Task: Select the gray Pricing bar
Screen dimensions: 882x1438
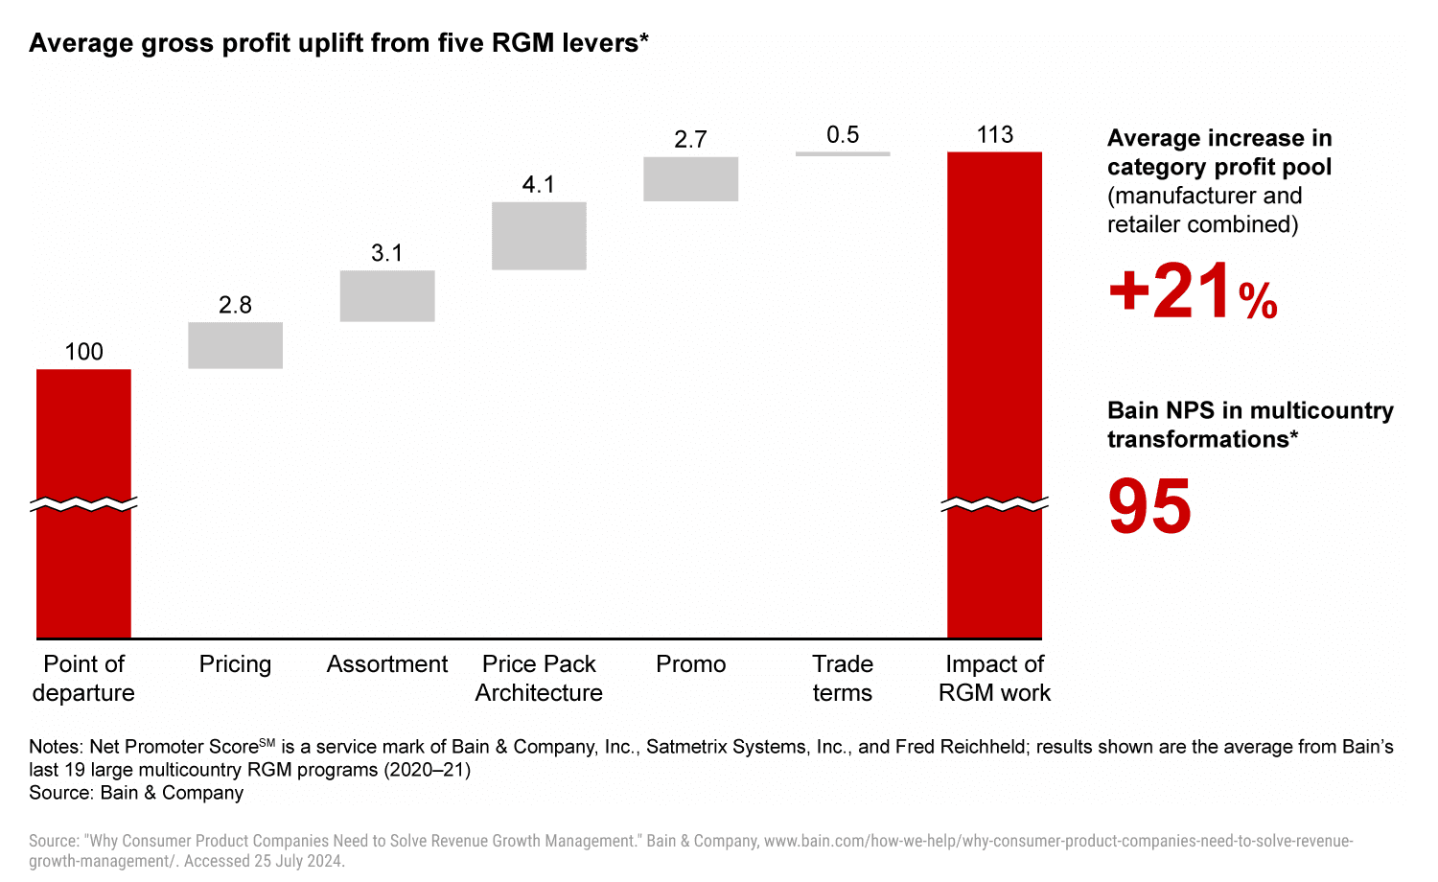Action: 235,345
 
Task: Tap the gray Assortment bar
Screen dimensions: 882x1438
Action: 387,295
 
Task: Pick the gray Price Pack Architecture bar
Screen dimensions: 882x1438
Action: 539,236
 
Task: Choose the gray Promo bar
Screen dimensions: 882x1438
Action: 690,179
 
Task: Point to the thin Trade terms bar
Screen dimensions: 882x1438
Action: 843,153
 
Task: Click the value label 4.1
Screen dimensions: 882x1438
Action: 539,184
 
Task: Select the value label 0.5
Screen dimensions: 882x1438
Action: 843,135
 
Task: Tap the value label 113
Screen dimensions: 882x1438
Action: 994,135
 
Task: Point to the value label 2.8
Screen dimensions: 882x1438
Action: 235,305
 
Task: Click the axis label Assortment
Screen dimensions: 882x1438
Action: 387,664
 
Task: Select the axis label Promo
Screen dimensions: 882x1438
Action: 690,664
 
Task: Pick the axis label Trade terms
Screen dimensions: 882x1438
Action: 843,679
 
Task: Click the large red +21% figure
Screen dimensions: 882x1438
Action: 1193,291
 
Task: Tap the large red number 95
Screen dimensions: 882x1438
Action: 1149,506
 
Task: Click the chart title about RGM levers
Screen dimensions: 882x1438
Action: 338,43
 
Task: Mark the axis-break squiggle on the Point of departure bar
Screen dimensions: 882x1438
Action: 83,504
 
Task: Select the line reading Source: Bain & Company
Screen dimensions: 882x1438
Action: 136,793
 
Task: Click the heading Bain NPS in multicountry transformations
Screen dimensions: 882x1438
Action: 1250,425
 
